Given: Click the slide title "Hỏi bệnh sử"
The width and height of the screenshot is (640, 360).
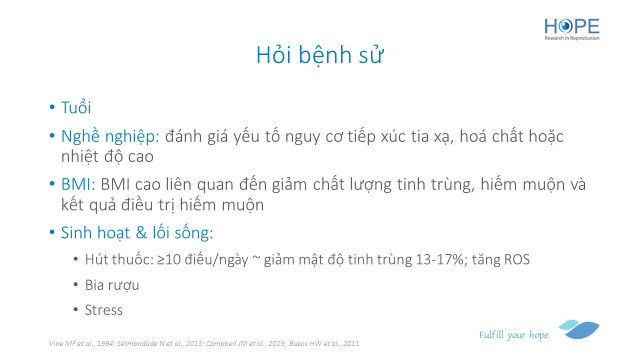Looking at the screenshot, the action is [319, 54].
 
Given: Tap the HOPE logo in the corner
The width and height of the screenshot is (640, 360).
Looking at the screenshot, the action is [571, 29].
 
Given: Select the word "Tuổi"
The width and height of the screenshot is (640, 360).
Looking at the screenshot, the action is [76, 107].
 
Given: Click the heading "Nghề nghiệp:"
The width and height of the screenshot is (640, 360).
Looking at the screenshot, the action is [110, 136].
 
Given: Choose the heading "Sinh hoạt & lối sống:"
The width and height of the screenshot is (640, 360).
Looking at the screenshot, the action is [137, 232].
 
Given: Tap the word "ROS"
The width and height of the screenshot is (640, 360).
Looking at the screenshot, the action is [517, 259].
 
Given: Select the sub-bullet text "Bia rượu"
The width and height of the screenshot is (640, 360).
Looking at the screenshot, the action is [112, 285].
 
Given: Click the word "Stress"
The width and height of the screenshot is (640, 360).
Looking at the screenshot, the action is [103, 310].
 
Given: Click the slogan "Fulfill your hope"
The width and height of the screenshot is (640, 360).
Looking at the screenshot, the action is [513, 334].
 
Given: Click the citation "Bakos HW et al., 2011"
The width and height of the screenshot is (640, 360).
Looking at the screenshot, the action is [323, 343].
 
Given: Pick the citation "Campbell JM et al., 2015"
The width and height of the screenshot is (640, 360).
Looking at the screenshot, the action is [245, 343].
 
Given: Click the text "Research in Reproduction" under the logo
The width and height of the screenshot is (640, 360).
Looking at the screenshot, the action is [571, 38].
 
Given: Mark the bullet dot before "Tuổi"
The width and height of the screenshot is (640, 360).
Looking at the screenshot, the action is [52, 107].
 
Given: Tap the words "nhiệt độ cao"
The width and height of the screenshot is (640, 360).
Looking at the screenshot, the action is [107, 156].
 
